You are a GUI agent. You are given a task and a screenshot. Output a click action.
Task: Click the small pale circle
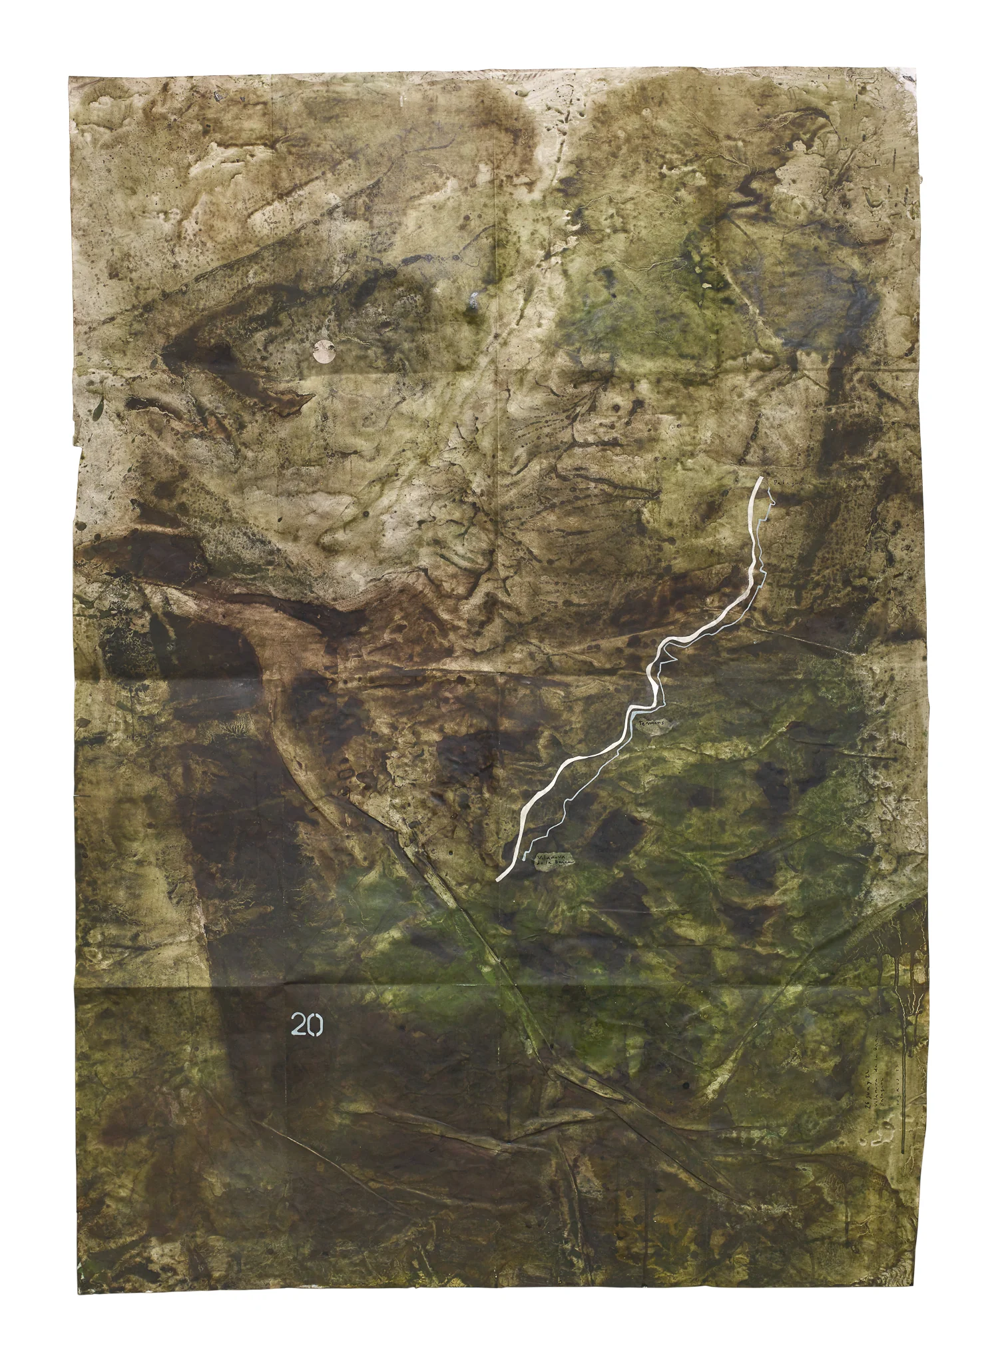[x=324, y=351]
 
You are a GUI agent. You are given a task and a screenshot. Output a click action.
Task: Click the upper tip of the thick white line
[x=760, y=478]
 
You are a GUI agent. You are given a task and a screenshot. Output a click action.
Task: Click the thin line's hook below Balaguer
[x=771, y=506]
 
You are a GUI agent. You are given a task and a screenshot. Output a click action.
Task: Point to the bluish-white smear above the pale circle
[x=474, y=301]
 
